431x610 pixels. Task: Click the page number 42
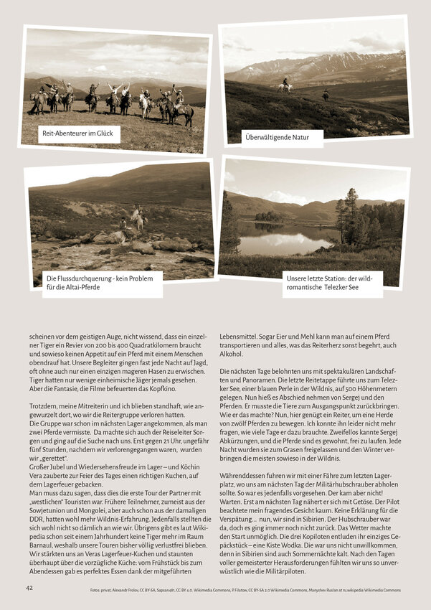pyautogui.click(x=29, y=588)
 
